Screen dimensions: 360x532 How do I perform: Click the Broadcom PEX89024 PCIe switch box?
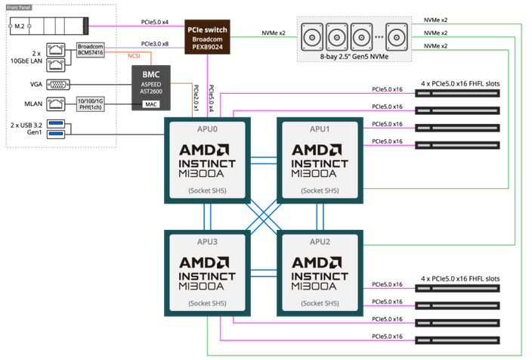point(205,38)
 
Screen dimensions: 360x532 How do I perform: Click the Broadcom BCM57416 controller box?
point(91,50)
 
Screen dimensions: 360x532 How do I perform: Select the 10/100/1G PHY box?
point(91,103)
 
